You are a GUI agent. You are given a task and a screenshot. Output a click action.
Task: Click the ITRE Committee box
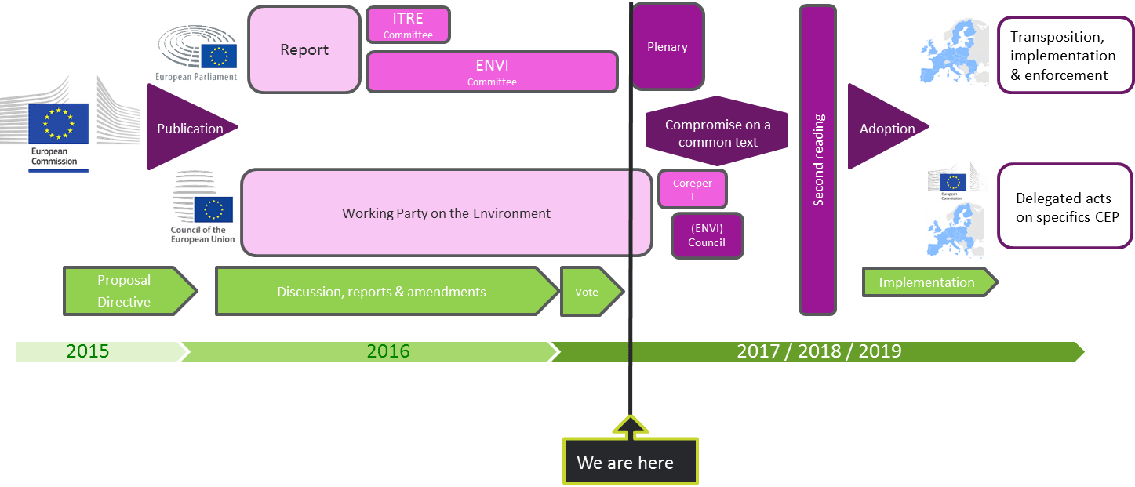(408, 25)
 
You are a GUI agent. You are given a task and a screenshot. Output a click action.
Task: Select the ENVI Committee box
(492, 72)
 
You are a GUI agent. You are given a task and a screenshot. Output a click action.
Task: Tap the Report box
(304, 49)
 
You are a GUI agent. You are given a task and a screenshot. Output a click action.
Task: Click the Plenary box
(668, 46)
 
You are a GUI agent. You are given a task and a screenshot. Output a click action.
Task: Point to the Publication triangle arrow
(187, 127)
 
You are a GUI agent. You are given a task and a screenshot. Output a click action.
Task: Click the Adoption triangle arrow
(884, 127)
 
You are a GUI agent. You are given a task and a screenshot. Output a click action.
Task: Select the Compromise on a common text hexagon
(717, 131)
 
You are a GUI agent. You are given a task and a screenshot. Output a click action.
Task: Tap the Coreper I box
(693, 189)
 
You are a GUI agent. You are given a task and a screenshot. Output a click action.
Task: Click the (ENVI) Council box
(708, 235)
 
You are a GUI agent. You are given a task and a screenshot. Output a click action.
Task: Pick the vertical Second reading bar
(818, 160)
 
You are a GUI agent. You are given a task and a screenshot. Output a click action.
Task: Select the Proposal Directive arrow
(130, 291)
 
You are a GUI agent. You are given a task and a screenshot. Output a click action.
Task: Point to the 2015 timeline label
(88, 351)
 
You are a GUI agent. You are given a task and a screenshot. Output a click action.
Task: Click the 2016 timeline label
(388, 351)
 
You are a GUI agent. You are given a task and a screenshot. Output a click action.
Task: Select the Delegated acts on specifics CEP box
(1065, 206)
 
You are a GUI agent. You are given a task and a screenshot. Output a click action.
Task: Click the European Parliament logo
(197, 53)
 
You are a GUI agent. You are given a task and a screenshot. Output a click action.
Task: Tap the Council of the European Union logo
(202, 207)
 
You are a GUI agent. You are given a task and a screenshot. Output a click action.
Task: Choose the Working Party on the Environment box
(446, 213)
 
